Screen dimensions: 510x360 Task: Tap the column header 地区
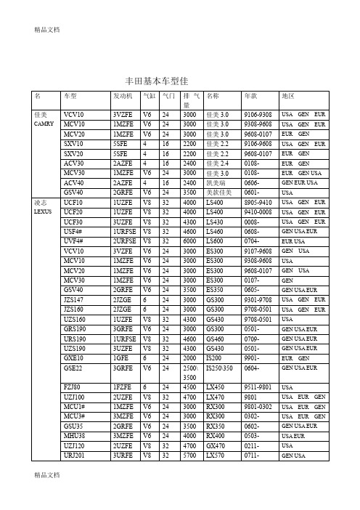pos(288,95)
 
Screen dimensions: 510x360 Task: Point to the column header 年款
pos(251,95)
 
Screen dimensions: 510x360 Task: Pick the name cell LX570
pos(216,454)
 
